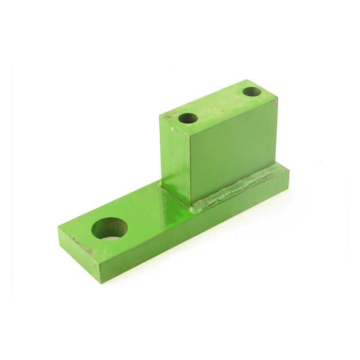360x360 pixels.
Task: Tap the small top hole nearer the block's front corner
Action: pyautogui.click(x=188, y=118)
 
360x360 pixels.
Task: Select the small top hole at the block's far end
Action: pyautogui.click(x=252, y=92)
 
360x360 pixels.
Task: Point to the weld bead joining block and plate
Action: pyautogui.click(x=238, y=186)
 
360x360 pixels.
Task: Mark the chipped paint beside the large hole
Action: pyautogui.click(x=81, y=243)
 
